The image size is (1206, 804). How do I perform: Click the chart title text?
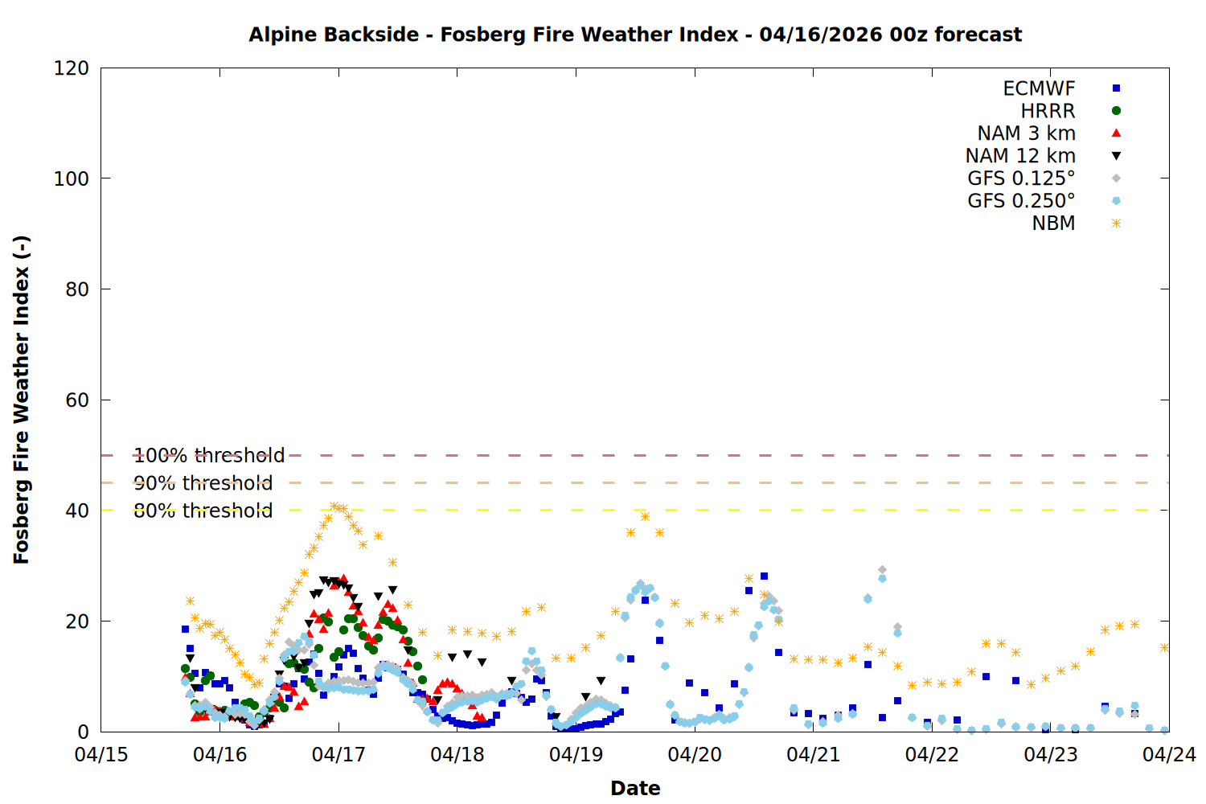[635, 35]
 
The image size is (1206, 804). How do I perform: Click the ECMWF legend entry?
[1039, 88]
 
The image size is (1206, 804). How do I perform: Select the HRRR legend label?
[1048, 111]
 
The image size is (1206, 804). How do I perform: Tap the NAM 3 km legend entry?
[1026, 133]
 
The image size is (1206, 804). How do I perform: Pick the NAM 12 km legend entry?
[1020, 156]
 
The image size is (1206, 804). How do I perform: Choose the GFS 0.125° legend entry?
[1021, 178]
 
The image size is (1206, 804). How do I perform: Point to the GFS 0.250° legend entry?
[1021, 201]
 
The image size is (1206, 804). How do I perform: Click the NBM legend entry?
[1053, 224]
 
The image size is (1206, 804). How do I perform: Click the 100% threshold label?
[209, 456]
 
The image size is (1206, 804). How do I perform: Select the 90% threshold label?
[203, 483]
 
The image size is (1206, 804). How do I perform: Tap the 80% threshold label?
[203, 511]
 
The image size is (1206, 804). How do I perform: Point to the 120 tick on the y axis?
[72, 68]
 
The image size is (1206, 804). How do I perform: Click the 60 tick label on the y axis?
[77, 400]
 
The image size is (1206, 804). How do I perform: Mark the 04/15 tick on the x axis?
[101, 755]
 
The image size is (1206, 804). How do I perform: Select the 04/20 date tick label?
[695, 755]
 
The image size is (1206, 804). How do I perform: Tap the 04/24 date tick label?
[1169, 755]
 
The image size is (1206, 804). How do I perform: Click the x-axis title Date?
[635, 788]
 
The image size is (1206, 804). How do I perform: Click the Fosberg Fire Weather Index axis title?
[22, 400]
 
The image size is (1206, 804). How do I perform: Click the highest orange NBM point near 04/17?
[334, 507]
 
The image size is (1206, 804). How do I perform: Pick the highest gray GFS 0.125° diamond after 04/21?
[882, 570]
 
